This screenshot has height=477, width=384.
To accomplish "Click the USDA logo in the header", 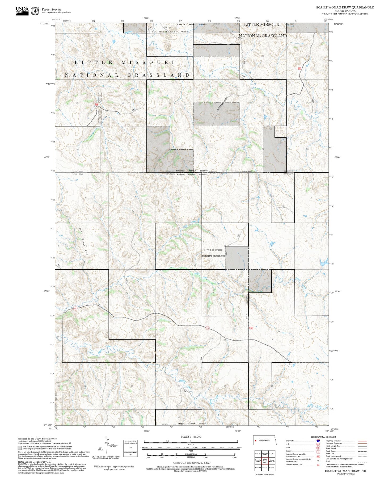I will [22, 10].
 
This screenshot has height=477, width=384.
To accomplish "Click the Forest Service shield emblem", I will [35, 11].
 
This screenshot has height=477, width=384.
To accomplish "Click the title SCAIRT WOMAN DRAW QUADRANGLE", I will [345, 7].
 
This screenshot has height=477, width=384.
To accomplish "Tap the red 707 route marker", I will [75, 309].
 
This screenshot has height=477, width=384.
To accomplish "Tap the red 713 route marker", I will [208, 328].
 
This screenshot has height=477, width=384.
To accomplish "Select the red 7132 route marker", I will [251, 328].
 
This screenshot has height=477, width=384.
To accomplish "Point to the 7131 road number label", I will [282, 206].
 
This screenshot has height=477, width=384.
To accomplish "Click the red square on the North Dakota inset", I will [256, 440].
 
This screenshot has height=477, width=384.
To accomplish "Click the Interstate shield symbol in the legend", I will [318, 441].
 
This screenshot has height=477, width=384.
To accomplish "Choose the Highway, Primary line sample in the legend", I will [362, 441].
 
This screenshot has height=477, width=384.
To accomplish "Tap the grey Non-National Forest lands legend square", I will [20, 448].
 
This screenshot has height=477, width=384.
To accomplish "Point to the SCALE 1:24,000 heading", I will [191, 437].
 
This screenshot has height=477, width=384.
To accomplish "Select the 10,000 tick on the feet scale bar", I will [239, 447].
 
